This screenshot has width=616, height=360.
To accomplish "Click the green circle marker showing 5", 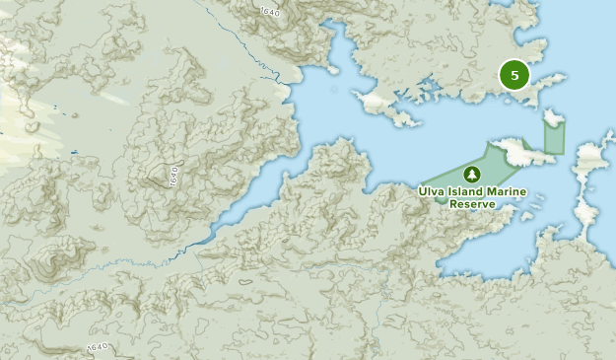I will coord(513,75).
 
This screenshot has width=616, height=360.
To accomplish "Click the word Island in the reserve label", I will coord(477,191).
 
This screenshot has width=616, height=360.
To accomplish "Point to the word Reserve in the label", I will coord(471,204).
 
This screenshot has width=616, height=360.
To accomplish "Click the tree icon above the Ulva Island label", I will coord(472,174).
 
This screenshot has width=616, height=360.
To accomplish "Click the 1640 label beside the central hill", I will coord(173,177).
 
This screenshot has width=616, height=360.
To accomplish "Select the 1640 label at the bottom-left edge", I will coord(97,346).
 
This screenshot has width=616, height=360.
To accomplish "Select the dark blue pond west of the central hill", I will coord(74,151).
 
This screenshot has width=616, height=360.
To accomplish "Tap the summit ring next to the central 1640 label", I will coord(159,176).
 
